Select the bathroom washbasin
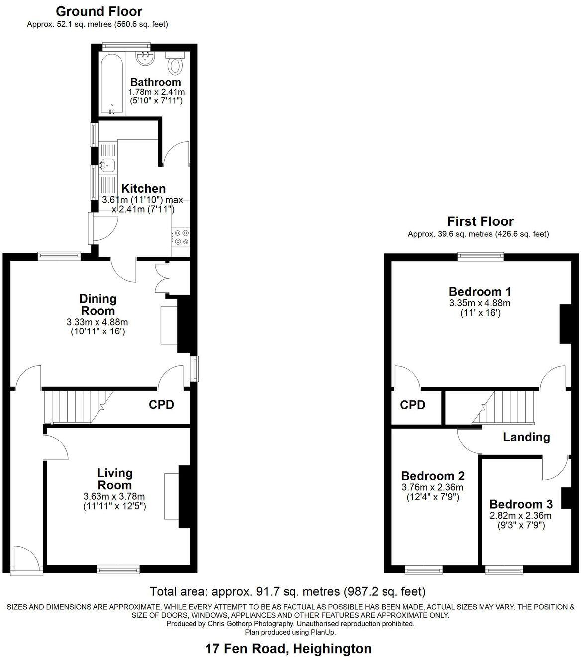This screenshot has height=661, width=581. [x=145, y=59]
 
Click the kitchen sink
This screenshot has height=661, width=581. [x=107, y=164]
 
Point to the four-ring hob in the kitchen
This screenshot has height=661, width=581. [x=180, y=237]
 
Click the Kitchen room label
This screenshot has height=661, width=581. [x=143, y=189]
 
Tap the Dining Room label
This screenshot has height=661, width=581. [x=98, y=305]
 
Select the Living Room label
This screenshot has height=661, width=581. [x=115, y=479]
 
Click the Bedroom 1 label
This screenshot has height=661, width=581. [x=480, y=292]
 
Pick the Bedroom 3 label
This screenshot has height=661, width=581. [x=521, y=504]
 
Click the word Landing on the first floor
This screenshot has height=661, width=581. [x=526, y=437]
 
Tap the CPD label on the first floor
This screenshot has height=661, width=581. [x=413, y=405]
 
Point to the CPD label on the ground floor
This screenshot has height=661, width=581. [x=162, y=405]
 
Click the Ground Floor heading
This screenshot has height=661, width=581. [x=99, y=11]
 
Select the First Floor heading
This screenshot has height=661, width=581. [x=480, y=221]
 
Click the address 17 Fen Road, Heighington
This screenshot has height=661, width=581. [x=289, y=649]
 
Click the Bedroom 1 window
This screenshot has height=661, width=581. [x=481, y=257]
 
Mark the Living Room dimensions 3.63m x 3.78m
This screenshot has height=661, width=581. [x=114, y=496]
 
